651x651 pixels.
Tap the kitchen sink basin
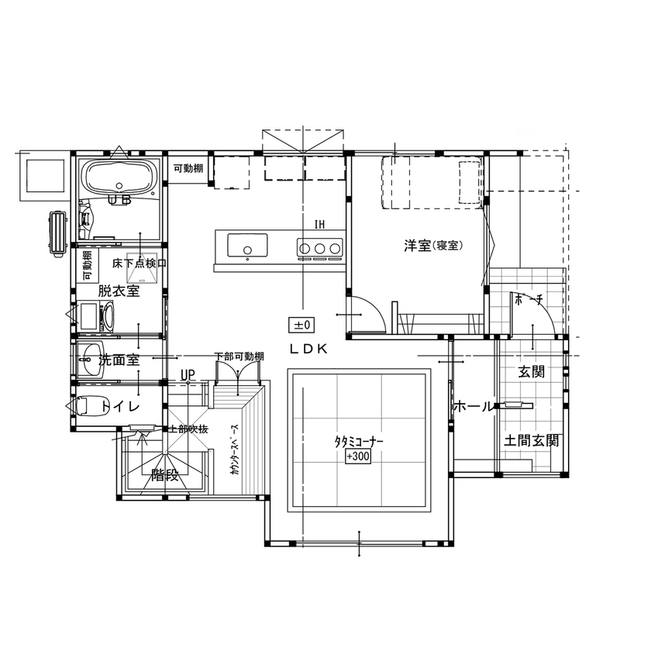[x=247, y=247]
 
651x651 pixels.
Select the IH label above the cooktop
[x=319, y=225]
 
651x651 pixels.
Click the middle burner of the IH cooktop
[x=319, y=248]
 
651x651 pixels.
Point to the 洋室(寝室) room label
[x=432, y=246]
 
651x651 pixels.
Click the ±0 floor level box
[x=301, y=324]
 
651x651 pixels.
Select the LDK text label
[x=309, y=349]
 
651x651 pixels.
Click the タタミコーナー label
[x=359, y=442]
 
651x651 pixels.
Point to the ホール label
[x=471, y=406]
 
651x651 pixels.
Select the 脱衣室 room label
[x=118, y=291]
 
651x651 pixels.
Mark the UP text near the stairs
[x=187, y=375]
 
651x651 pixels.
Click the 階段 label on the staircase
[x=164, y=475]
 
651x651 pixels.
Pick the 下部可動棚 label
[x=239, y=356]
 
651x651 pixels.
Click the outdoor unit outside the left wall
[x=57, y=232]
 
